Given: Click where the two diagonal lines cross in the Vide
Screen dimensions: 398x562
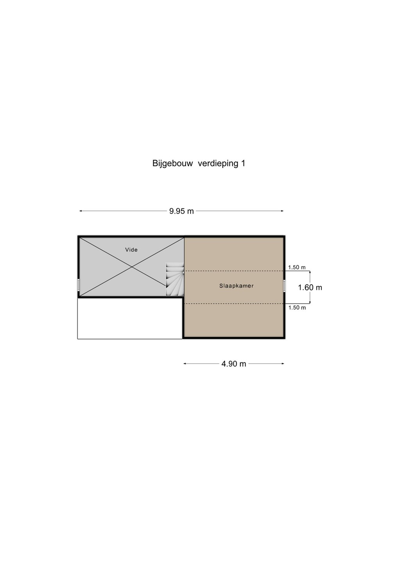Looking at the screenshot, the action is point(132,267).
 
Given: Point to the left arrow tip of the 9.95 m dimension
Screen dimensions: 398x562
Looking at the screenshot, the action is point(80,211).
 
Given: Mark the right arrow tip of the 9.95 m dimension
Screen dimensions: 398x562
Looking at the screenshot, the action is point(283,211).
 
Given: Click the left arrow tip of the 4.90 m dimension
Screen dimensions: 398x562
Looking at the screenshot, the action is point(184,364).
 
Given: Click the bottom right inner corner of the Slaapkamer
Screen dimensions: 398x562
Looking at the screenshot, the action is point(283,337).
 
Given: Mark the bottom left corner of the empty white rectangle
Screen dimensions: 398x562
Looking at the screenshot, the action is point(78,339).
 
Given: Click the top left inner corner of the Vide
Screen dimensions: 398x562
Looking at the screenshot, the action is point(80,238).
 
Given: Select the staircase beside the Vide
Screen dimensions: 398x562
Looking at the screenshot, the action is point(175,279).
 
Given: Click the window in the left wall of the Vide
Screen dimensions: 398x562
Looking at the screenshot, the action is point(79,285).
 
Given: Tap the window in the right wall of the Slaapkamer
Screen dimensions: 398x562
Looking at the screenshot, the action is point(285,286).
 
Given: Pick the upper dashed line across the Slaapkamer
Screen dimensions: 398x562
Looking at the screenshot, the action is point(234,271).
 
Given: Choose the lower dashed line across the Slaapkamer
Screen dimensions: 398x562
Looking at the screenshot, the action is point(234,304).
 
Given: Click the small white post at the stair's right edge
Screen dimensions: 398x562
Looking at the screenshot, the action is point(183,272).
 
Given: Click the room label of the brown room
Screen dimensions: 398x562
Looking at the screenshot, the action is point(237,286).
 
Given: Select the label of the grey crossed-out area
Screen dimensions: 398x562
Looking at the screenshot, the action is point(131,250).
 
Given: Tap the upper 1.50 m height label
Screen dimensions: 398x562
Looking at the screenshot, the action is point(297,267).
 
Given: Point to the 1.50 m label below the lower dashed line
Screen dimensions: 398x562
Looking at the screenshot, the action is point(297,308).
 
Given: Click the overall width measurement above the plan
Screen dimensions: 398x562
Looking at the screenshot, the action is point(181,211).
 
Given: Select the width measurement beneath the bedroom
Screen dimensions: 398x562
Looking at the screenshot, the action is point(234,364).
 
